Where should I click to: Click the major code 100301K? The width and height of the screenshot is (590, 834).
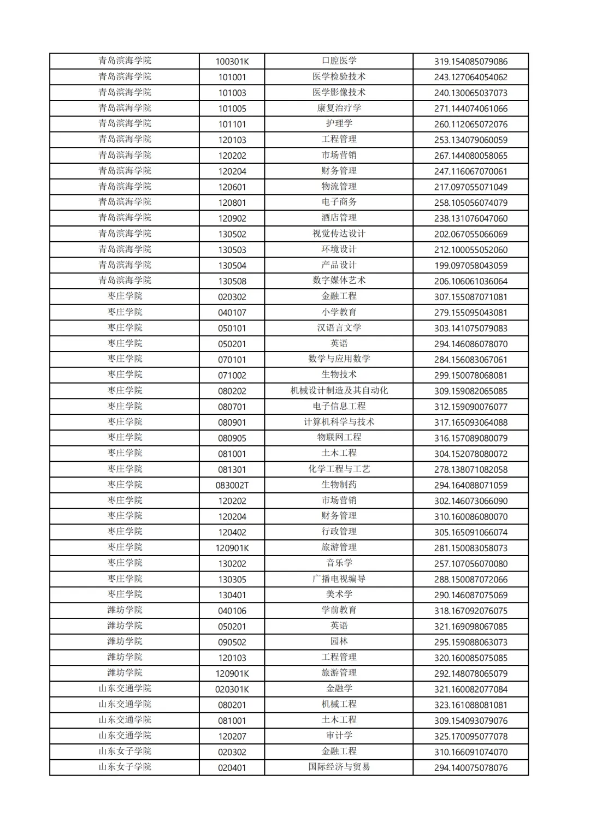232,62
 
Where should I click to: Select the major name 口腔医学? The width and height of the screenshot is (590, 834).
339,61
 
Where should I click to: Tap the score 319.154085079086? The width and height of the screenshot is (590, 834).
470,62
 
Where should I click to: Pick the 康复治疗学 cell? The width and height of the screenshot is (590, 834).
339,108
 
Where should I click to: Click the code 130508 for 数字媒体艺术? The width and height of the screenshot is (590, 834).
232,282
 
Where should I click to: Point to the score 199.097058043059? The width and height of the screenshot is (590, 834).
470,266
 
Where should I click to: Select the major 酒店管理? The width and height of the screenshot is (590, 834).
339,218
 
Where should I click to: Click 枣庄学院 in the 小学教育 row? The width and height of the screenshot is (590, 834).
125,312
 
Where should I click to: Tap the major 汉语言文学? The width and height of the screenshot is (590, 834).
339,328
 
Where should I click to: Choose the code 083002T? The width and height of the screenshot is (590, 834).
232,485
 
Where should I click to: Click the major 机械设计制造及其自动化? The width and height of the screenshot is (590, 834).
339,391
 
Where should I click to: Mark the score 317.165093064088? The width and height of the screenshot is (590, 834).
470,422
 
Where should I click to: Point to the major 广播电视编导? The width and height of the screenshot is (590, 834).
339,579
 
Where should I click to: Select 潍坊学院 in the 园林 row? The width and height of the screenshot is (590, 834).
125,642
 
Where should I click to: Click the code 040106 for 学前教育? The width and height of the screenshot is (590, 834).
232,611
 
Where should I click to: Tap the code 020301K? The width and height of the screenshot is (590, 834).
232,689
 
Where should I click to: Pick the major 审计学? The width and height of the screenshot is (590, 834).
339,736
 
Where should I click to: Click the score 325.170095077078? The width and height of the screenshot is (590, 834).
470,736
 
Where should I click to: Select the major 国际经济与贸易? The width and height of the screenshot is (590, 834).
339,767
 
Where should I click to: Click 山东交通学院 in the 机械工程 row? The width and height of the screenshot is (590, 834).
125,705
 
